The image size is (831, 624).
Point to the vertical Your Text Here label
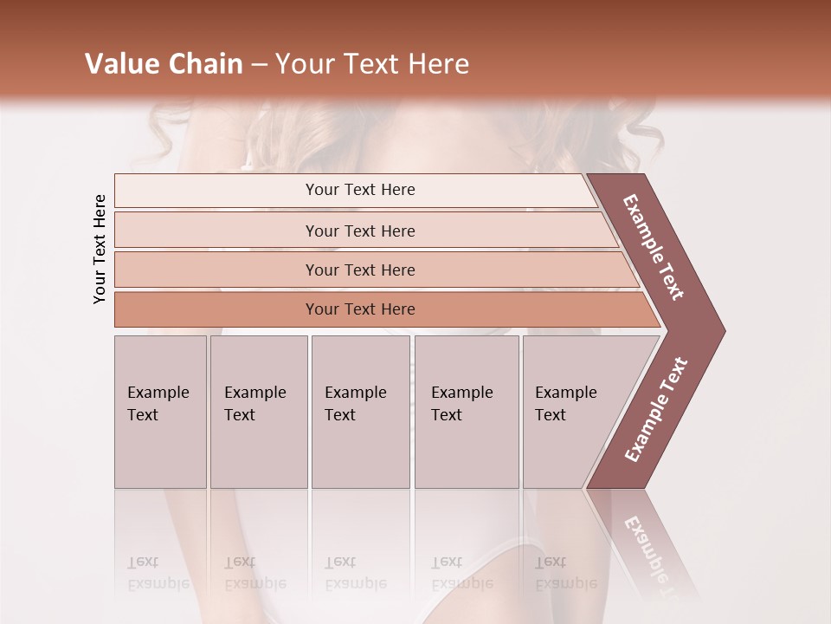(100, 249)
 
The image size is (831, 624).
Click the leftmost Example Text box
(160, 412)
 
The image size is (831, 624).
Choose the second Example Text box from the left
(259, 412)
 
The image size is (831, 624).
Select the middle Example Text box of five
(360, 412)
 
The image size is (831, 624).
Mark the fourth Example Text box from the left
(467, 412)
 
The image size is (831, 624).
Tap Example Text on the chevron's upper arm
(654, 247)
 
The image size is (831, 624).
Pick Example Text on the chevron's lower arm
(656, 409)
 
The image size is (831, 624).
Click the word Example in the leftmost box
(158, 393)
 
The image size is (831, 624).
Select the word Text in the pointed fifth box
(551, 415)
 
